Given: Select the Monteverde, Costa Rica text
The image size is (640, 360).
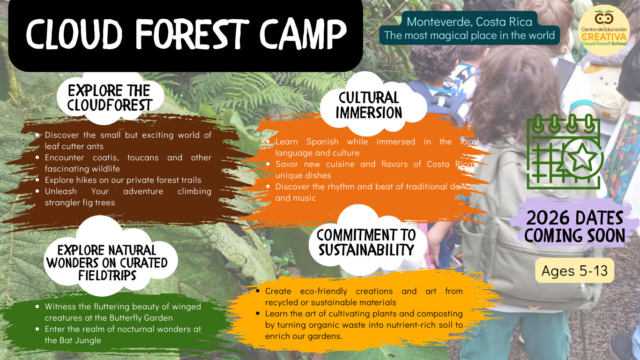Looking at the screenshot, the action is [469, 22].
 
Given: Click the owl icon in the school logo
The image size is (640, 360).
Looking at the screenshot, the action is [604, 18].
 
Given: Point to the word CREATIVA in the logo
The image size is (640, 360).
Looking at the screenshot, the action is [604, 37].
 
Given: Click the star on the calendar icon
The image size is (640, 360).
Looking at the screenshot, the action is [582, 157].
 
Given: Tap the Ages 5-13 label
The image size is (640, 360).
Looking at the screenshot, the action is [574, 270].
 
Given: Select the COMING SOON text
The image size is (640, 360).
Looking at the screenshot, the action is [574, 235].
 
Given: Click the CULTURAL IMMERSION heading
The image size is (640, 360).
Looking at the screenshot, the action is [369, 105].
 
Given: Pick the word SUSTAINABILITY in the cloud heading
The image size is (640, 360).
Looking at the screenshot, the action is [366, 250].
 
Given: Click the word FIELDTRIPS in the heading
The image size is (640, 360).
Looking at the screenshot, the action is [107, 275].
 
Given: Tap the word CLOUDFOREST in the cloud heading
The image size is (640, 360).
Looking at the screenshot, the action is [110, 105].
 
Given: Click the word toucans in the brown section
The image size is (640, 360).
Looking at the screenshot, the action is [143, 157].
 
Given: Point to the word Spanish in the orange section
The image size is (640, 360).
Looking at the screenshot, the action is [322, 142].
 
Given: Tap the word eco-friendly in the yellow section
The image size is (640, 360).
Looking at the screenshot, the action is [324, 291].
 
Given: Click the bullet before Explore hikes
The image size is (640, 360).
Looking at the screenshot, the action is [37, 180].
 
